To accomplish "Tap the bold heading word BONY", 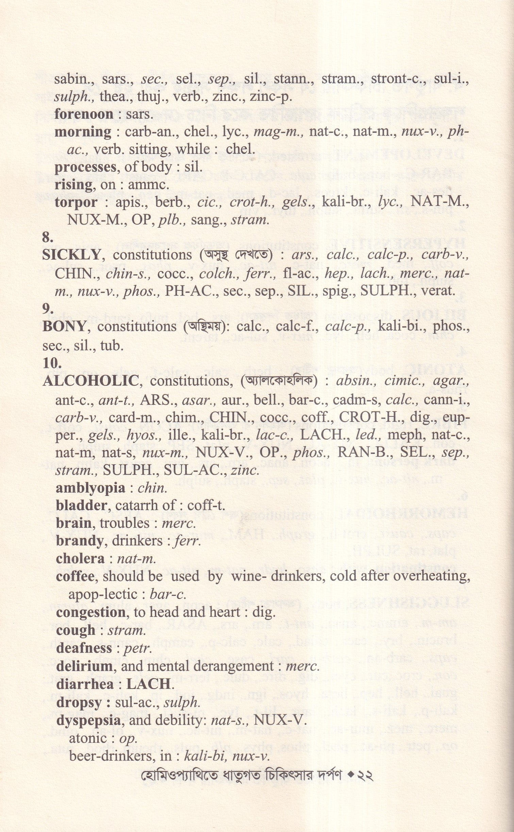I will click(64, 326).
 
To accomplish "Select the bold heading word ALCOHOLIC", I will click(90, 381).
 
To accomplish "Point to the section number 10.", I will click(52, 364).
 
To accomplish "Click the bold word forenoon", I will click(84, 114).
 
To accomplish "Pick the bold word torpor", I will click(76, 202).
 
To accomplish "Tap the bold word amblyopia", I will click(90, 488).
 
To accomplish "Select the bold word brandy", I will click(80, 541).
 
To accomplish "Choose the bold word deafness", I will click(84, 648).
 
